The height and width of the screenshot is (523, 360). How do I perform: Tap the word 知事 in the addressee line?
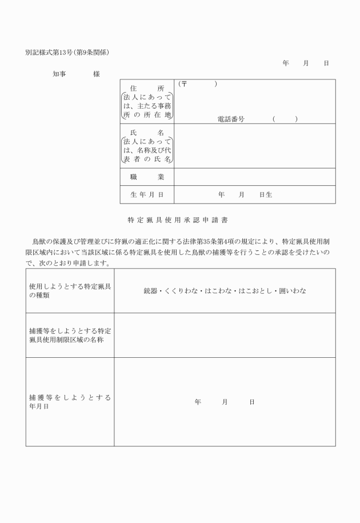click(59, 74)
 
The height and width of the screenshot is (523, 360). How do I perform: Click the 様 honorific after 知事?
click(97, 74)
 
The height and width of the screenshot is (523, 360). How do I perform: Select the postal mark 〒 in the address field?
click(185, 84)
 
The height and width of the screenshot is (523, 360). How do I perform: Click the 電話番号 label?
click(231, 119)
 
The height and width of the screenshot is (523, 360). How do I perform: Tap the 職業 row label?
click(147, 177)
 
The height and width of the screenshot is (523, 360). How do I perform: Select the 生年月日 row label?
click(147, 195)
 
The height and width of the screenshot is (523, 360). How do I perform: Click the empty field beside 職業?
click(254, 177)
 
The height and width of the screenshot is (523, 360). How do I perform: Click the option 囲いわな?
click(293, 291)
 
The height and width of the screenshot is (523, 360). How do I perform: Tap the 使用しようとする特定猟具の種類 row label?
click(70, 291)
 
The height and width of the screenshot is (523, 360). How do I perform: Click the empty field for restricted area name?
click(225, 336)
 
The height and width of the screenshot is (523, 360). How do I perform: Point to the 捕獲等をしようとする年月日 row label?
click(70, 401)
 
